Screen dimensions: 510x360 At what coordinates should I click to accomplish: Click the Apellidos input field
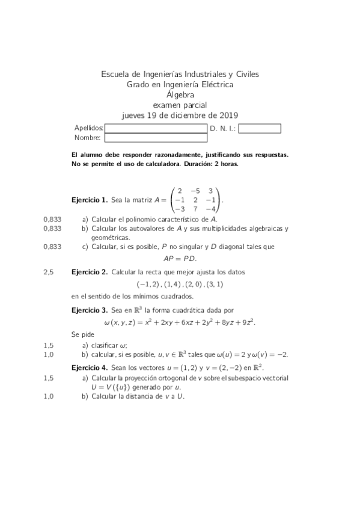click(156, 128)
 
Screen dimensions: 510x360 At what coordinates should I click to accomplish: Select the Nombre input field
click(156, 138)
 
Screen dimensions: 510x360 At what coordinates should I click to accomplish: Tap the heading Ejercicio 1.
click(89, 200)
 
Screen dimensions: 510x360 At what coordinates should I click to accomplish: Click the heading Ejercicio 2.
click(89, 272)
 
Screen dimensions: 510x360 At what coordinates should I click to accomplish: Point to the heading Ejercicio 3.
click(89, 310)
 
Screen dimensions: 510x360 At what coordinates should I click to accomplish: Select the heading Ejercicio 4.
click(89, 367)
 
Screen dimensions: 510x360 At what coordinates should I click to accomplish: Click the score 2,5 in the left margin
click(49, 272)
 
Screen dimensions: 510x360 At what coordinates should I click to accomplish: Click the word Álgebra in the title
click(180, 95)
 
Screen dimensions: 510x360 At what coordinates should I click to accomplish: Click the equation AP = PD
click(180, 259)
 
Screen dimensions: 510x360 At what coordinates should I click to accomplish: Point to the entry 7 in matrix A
click(195, 209)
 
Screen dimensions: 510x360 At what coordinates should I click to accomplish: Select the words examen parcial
click(180, 105)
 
